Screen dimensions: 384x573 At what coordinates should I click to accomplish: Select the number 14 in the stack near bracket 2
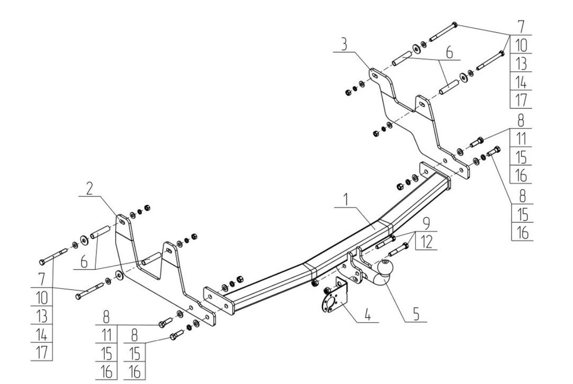coord(42,334)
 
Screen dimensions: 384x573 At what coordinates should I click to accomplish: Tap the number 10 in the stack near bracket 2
coord(42,297)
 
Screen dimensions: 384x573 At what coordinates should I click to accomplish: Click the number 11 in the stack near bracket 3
coord(521,138)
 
